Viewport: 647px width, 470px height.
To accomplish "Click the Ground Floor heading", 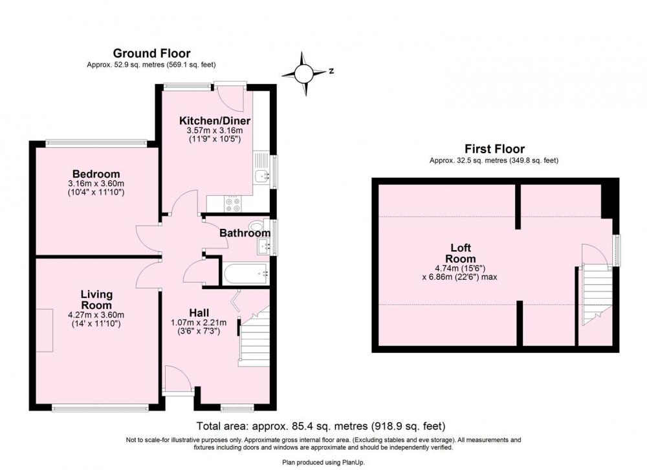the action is point(151,54).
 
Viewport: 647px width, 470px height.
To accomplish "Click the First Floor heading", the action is point(494,149).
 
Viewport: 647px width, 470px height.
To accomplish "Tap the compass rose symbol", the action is point(303,74).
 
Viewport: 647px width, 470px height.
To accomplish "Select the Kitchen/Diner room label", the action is point(215,121).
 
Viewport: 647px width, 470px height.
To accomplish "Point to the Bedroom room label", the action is point(96,174).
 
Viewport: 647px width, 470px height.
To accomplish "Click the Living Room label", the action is point(96,300).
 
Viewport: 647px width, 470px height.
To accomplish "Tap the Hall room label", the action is point(199,313).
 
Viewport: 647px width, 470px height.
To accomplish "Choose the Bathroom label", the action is point(245,233).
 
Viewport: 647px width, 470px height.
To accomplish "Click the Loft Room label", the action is point(461,253).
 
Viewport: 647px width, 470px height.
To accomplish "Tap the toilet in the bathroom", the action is point(257,226).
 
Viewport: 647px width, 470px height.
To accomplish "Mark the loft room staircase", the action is point(596,295).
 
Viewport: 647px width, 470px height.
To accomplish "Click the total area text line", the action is point(321,425).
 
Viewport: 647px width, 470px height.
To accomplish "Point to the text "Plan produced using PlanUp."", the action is point(323,463).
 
